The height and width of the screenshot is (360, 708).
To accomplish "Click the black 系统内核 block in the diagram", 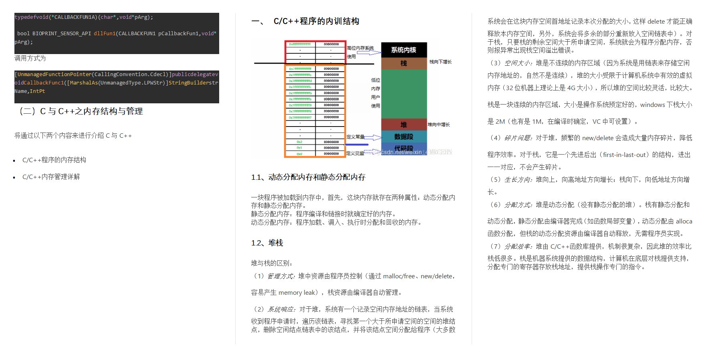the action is [x=404, y=50].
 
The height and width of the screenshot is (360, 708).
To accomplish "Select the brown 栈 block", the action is [x=404, y=63].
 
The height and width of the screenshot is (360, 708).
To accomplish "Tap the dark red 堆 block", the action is [x=404, y=125].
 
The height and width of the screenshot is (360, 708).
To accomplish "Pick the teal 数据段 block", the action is [x=404, y=137].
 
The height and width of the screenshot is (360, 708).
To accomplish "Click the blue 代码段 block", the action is [x=404, y=148].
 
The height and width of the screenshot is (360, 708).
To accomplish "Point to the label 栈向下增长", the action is [x=440, y=62].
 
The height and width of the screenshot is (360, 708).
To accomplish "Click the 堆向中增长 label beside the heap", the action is [x=439, y=125].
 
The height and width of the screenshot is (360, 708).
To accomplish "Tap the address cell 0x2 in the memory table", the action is [x=300, y=142].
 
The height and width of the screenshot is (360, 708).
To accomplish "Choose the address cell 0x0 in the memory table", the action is [x=300, y=154].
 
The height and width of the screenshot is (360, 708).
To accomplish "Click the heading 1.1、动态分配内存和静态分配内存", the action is [x=308, y=177].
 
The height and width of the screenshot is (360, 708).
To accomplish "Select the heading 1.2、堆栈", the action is [x=267, y=243].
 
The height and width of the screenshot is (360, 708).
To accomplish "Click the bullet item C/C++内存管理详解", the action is [x=51, y=177].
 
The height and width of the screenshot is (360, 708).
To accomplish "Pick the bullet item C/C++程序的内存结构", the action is [x=54, y=160].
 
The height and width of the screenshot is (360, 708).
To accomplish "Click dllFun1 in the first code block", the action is [x=104, y=34].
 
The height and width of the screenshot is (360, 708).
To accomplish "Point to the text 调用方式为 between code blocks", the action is [x=30, y=58].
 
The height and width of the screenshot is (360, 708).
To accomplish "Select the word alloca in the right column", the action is [x=684, y=221].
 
